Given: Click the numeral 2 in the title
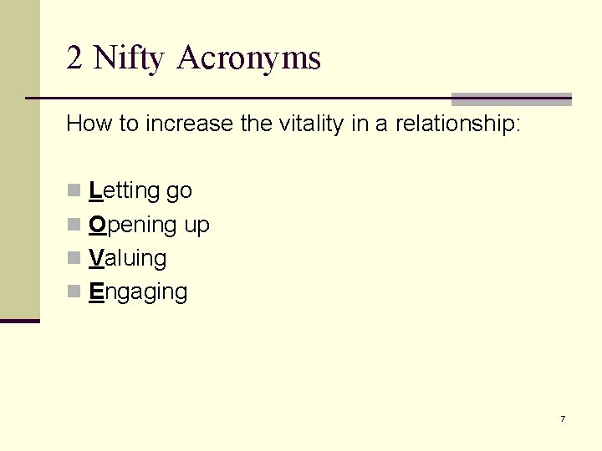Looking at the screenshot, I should pos(75,58).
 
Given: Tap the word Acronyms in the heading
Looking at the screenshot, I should pos(249,58).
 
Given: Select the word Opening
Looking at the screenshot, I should pos(132,225).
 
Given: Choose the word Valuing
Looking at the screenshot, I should pos(127,259).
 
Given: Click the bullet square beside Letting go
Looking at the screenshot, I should pos(74,190).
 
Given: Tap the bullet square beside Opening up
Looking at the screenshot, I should pos(74,225).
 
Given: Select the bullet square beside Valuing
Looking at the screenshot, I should pos(74,258).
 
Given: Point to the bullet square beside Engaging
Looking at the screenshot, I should pos(74,291).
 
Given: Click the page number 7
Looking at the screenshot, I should pos(563,418).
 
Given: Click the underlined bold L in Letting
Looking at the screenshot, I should pos(94,191).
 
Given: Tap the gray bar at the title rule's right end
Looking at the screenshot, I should pos(511,99).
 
